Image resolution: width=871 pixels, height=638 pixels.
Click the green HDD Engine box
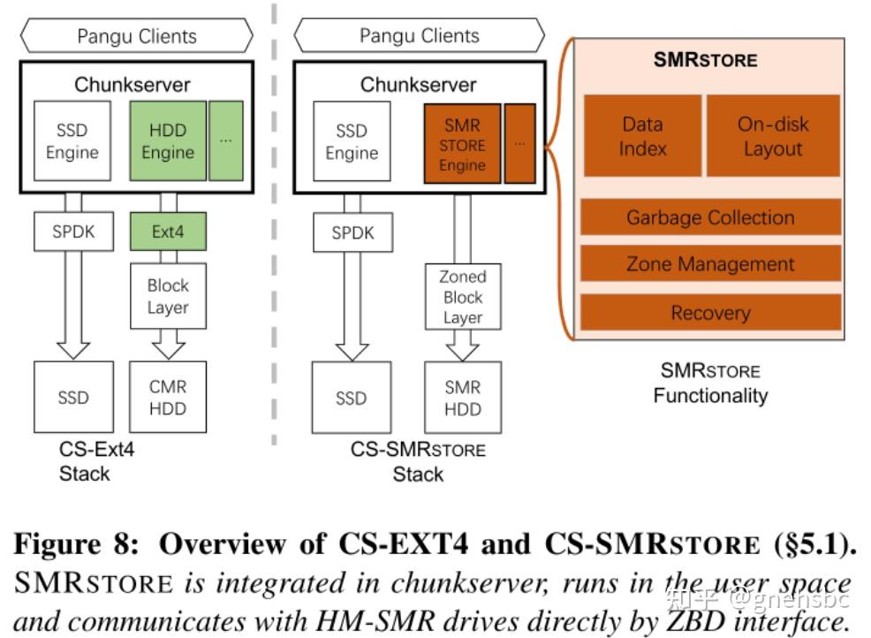168,141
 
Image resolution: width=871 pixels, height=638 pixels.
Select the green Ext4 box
168,232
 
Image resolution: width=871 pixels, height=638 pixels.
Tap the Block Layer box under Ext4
168,296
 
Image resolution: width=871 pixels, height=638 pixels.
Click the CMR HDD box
168,397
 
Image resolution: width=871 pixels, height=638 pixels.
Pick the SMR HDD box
463,397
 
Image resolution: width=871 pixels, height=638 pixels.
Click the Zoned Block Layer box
463,297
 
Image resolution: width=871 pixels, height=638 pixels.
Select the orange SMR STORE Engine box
462,143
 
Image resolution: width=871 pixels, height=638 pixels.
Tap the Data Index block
642,136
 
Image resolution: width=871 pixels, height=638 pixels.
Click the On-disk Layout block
773,136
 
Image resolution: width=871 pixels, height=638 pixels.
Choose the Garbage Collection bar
710,217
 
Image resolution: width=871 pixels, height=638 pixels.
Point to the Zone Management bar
710,264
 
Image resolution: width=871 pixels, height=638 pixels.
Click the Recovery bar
710,313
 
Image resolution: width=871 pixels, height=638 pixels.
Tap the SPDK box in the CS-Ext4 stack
72,232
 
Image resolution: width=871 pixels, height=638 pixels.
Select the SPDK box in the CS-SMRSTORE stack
352,233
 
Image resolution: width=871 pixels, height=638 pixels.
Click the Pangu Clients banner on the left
136,36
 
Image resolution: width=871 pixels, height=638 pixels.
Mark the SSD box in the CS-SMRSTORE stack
352,397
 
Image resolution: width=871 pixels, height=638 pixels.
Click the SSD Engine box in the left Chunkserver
72,141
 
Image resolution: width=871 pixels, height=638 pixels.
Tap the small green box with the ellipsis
226,141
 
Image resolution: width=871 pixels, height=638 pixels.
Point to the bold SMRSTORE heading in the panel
705,60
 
